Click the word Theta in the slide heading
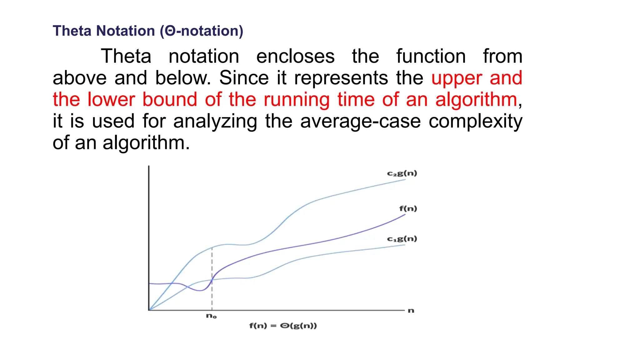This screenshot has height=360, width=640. [x=72, y=31]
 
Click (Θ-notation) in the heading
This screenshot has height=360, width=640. [x=202, y=31]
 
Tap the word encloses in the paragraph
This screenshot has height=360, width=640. [x=295, y=57]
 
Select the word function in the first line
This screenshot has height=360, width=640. [x=431, y=57]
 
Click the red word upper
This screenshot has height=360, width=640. [x=457, y=78]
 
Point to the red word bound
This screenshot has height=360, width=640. [x=170, y=100]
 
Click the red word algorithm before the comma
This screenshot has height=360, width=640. [x=476, y=100]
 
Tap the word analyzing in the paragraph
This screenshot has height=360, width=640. [x=215, y=121]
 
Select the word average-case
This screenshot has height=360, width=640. [x=360, y=121]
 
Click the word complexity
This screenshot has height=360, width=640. [x=475, y=121]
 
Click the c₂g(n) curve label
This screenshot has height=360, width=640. [x=402, y=173]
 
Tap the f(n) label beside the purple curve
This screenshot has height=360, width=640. [x=408, y=208]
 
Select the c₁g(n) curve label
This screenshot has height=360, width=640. [x=402, y=239]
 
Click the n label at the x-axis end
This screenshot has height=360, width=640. [x=411, y=311]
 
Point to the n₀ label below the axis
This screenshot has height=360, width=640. [x=211, y=316]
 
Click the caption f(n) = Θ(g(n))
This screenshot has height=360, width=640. [x=283, y=326]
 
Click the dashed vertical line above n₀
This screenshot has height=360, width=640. [x=212, y=294]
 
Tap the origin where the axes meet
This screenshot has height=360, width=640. [x=149, y=310]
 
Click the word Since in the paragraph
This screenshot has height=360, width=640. [x=244, y=78]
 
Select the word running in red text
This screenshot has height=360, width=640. [x=297, y=100]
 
